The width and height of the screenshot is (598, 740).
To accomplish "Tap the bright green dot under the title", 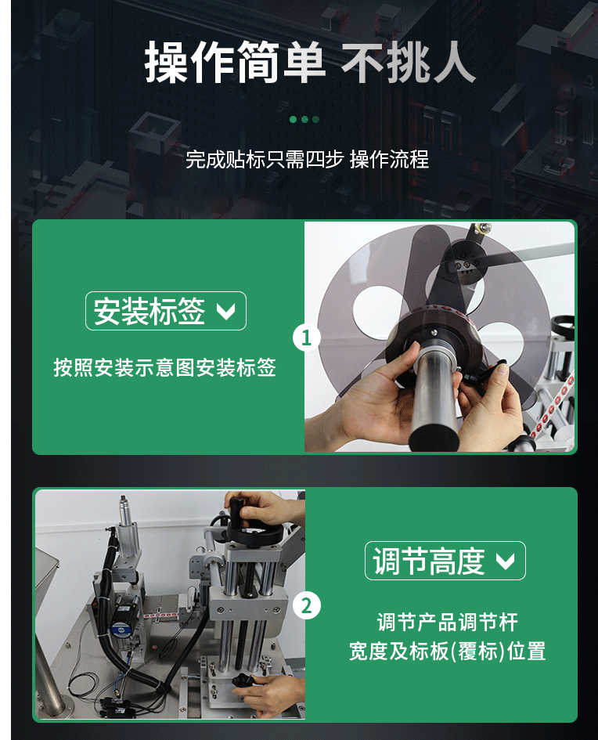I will (x=293, y=120).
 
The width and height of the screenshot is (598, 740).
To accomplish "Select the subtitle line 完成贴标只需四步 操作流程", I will (x=307, y=160).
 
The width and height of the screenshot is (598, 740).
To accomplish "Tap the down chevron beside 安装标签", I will (x=225, y=312).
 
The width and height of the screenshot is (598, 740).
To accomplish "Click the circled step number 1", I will (x=306, y=338).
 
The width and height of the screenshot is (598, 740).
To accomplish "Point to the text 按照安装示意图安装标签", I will (x=164, y=367).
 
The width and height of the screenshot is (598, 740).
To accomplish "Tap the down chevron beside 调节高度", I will (x=506, y=561).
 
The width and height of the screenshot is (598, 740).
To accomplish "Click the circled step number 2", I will (x=306, y=605).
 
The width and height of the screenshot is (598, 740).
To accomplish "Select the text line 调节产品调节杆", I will (x=447, y=623).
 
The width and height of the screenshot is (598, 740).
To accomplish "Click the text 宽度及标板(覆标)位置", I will (x=447, y=651).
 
